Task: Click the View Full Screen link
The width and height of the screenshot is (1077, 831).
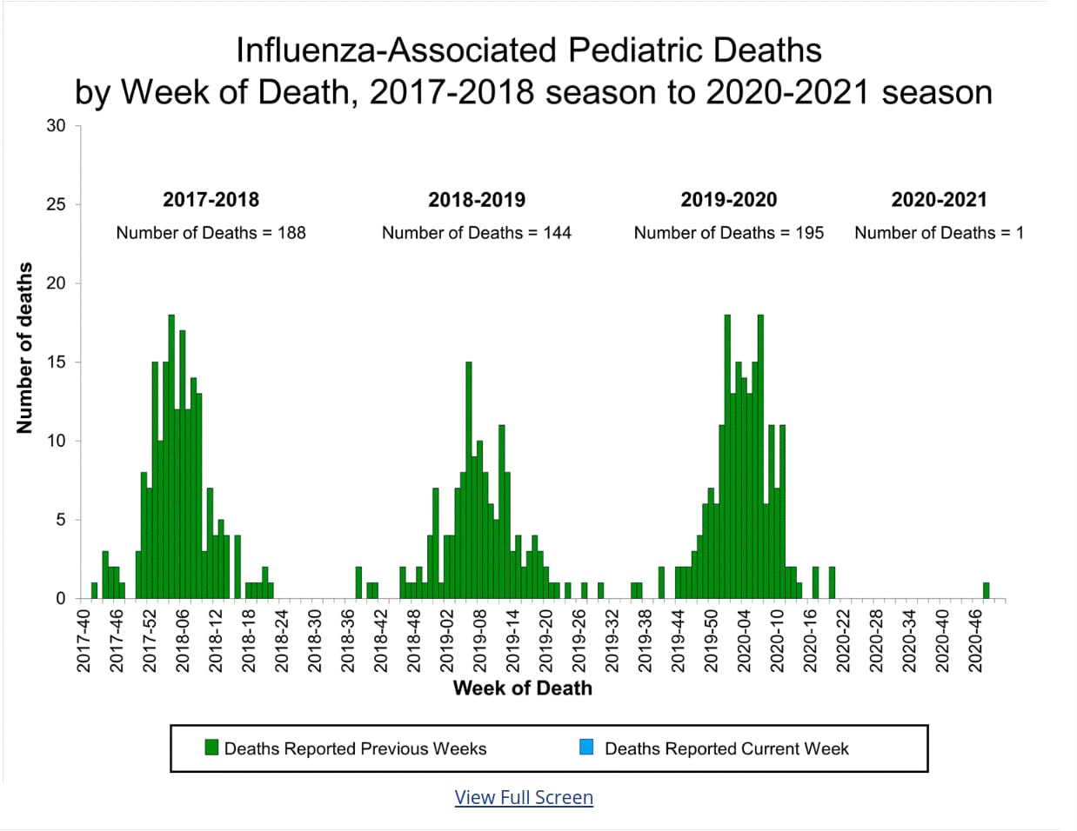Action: coord(524,797)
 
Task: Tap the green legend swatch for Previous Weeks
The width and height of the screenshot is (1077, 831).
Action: coord(211,748)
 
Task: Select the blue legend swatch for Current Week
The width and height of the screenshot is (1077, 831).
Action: coord(586,748)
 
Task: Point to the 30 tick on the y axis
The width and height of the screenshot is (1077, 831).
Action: coord(56,126)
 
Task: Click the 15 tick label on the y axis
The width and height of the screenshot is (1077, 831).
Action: coord(56,362)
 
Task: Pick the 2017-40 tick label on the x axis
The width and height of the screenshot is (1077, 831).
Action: coord(84,641)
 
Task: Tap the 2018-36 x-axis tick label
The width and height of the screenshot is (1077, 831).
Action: coord(348,641)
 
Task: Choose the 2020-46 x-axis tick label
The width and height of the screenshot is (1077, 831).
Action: coord(975,641)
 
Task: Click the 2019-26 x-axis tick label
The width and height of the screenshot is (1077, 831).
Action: coord(579,641)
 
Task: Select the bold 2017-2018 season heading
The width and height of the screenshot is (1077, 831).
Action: coord(211,200)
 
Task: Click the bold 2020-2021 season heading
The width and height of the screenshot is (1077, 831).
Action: coord(939,200)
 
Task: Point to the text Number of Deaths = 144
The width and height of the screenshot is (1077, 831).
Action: coord(477,233)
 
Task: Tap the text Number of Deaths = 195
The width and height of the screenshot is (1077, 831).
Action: coord(728,233)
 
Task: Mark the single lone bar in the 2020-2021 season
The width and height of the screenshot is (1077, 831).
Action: coord(986,590)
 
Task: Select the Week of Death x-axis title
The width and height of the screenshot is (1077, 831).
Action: coord(522,688)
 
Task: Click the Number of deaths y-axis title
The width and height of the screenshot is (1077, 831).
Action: coord(24,348)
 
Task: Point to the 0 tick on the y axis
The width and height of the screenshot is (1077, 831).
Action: coord(61,599)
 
